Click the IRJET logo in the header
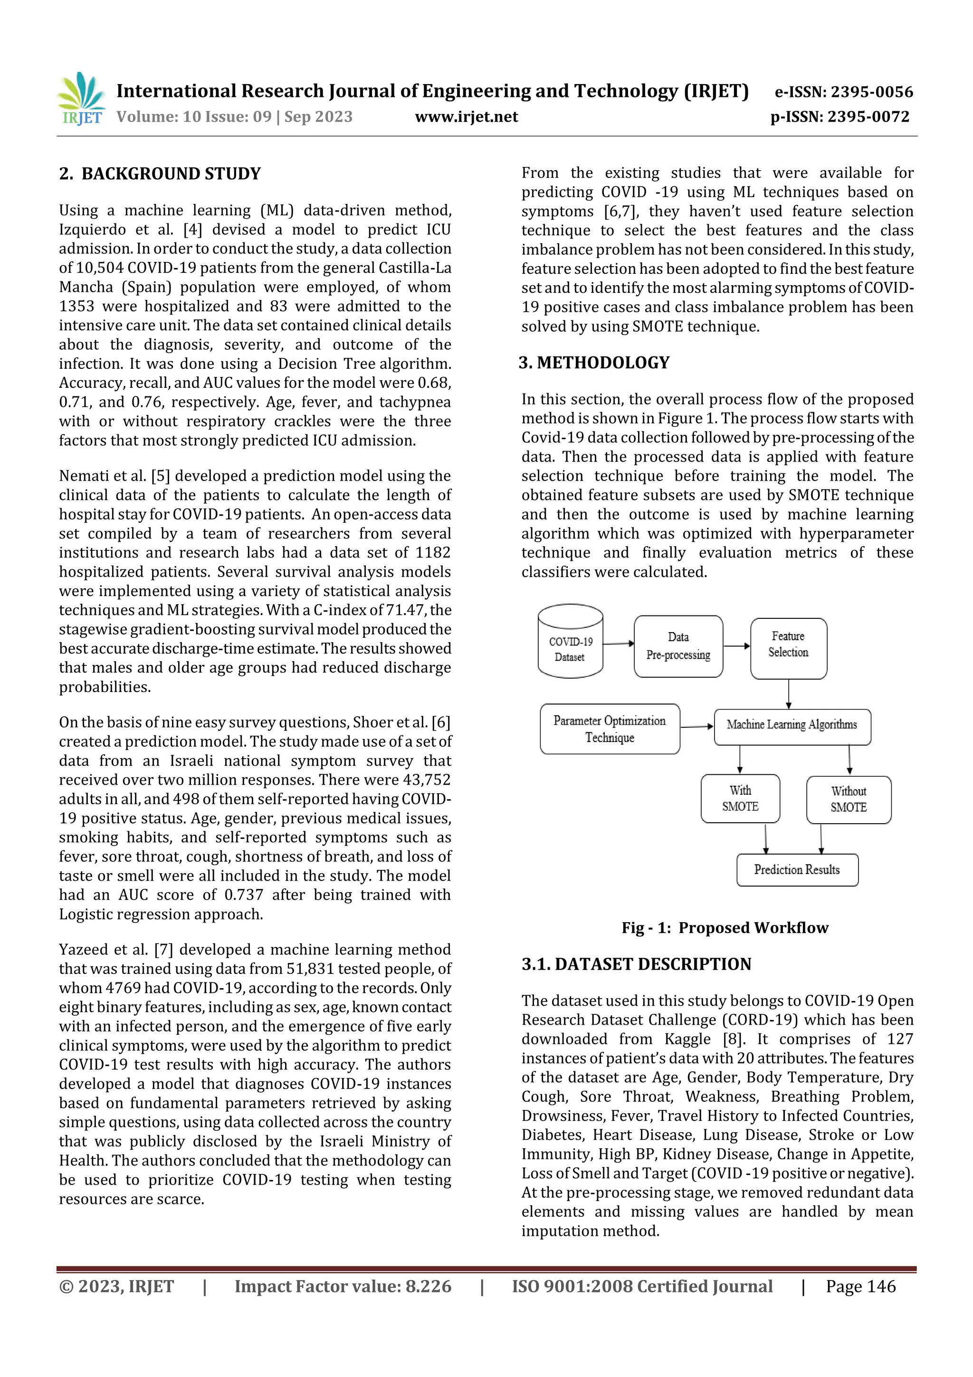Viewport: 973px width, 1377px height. [80, 99]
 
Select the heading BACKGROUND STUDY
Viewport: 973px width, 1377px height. [160, 174]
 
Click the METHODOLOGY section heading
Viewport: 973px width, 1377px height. [594, 363]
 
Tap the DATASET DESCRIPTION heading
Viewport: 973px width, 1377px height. [636, 964]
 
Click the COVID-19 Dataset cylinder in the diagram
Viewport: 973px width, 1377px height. [570, 642]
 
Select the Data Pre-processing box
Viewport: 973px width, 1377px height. [678, 646]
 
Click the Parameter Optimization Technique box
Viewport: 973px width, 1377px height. [609, 729]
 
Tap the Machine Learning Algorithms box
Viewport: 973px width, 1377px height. [792, 725]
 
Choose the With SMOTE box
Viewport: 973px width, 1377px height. [740, 798]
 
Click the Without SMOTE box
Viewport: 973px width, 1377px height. [849, 799]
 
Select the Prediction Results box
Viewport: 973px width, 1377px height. [797, 870]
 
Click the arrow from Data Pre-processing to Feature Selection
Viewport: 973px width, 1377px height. [736, 646]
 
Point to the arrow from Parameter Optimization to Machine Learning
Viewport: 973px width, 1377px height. [696, 726]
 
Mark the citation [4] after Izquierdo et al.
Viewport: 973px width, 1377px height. [192, 230]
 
